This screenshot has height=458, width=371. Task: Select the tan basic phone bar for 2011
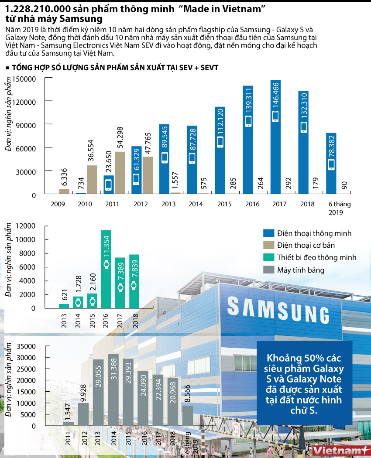120,172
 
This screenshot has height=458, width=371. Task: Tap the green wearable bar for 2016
106,269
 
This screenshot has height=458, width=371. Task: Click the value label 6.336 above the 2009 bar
64,178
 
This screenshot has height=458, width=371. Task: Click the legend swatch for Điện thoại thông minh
268,233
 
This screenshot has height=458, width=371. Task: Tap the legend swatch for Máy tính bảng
268,270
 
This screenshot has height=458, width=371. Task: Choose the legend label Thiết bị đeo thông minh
316,257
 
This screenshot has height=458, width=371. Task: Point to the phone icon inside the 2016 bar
248,121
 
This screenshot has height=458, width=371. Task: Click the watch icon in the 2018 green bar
134,285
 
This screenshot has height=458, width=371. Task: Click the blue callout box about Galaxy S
304,383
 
